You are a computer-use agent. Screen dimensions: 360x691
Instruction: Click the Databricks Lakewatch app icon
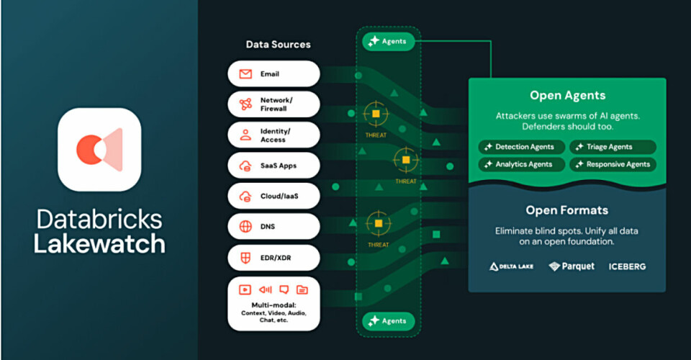(99, 149)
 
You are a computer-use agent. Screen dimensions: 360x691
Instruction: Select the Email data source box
(274, 73)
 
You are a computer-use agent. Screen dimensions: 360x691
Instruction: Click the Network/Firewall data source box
(274, 104)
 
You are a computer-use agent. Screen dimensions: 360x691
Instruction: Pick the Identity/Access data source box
(274, 135)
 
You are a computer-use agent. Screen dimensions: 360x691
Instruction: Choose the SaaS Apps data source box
(274, 166)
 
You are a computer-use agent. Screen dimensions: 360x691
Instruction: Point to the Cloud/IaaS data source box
(274, 196)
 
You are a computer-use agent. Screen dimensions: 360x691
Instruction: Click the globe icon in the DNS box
(245, 227)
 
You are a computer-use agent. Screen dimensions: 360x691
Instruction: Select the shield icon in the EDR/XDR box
(245, 257)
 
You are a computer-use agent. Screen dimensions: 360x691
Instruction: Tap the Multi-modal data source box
(274, 303)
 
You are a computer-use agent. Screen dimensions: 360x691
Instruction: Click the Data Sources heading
(278, 45)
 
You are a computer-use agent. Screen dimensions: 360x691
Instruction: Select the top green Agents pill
(389, 41)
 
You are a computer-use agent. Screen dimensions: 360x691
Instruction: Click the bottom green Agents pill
(389, 320)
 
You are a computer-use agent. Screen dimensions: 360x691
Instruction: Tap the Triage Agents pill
(613, 147)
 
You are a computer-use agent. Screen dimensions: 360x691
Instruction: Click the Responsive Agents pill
(613, 164)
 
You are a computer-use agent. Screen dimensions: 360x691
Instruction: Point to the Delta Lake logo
(512, 266)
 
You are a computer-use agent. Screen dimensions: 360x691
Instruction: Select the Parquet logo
(572, 266)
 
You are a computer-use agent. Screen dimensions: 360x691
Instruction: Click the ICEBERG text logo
(627, 266)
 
